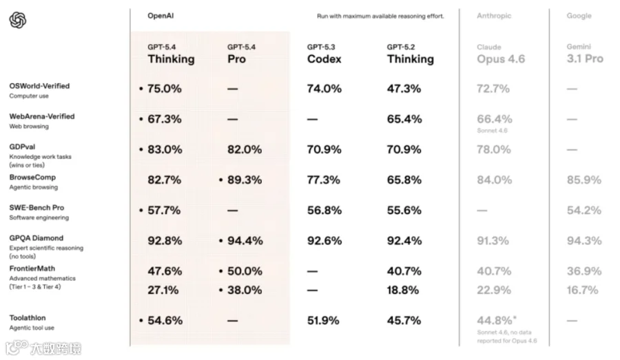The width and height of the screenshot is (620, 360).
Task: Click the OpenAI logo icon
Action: pos(18,20)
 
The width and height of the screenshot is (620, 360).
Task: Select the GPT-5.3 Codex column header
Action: pos(324,54)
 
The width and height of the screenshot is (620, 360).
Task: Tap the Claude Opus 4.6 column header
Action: pos(501,54)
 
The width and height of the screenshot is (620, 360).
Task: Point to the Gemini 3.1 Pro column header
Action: pos(585,54)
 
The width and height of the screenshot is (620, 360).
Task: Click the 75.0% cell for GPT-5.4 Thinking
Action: pos(165,89)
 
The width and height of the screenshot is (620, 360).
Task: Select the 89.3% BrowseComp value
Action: pos(245,180)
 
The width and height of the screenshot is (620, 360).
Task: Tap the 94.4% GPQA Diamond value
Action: pos(245,241)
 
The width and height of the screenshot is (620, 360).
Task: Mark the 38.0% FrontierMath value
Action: pos(245,290)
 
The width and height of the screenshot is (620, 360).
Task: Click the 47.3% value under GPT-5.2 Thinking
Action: pos(404,89)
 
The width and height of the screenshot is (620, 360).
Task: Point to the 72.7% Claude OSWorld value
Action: pos(493,89)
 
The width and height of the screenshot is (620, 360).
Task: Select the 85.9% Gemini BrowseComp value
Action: pos(584,180)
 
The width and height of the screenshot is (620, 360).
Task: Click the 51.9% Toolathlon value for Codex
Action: pos(323,321)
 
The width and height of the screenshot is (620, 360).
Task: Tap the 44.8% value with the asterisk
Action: pos(497,320)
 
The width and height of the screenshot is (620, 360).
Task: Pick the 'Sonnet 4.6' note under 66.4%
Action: pos(492,130)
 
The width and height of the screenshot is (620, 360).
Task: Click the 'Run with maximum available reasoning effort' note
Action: pos(380,17)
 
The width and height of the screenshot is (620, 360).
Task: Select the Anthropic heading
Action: pos(494,16)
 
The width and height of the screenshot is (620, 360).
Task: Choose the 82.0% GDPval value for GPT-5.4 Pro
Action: pos(245,149)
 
